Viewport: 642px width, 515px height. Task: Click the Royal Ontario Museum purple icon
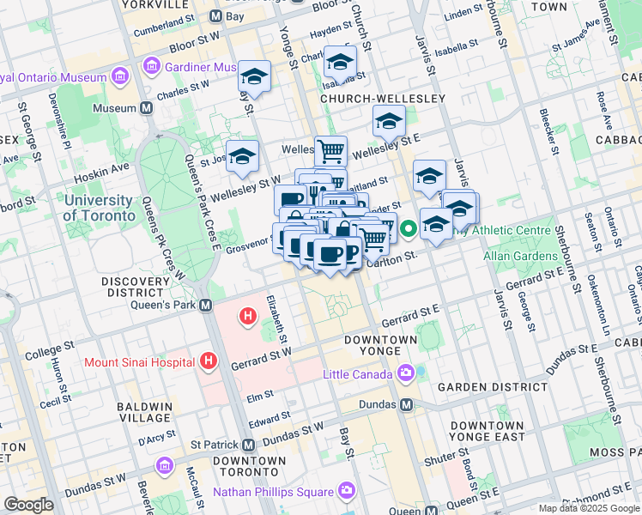point(118,78)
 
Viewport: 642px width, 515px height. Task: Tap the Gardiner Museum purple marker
point(153,66)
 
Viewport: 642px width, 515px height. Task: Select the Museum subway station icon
point(147,108)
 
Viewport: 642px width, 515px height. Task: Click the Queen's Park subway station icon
point(206,305)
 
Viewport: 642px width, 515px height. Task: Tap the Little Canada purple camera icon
point(404,374)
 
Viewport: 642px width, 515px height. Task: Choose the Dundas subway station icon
point(408,404)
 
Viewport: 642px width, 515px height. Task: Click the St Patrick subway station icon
point(249,445)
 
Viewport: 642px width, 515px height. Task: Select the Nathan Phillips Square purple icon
point(347,491)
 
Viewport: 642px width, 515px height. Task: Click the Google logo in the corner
point(28,505)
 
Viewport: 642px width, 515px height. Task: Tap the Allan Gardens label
point(544,256)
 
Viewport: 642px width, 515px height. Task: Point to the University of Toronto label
point(98,208)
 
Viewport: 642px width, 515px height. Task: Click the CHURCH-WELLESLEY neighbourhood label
point(382,99)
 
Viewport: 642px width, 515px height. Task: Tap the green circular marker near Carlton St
point(409,229)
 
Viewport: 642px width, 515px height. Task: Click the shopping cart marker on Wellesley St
point(330,152)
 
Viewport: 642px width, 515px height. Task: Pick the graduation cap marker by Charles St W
point(254,76)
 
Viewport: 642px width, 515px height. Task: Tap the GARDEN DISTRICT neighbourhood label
point(492,387)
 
